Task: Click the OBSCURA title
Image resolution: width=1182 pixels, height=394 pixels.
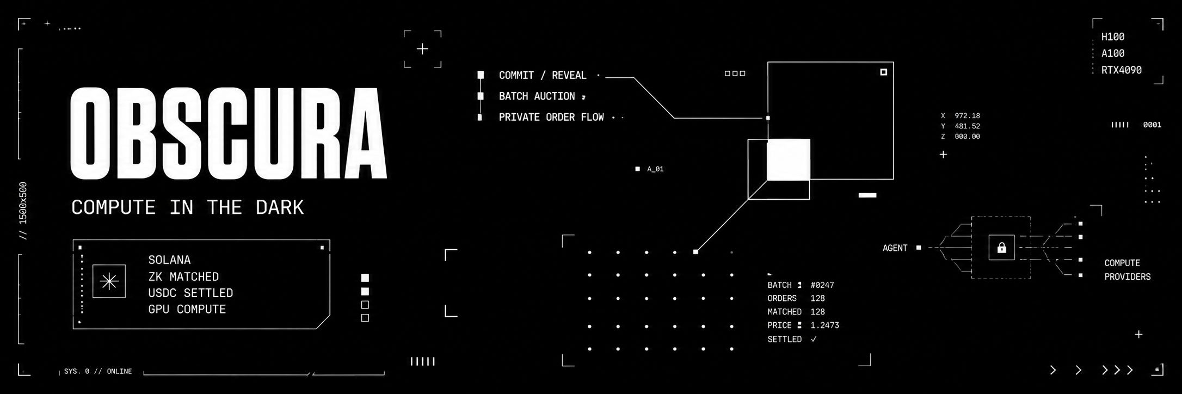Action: [229, 133]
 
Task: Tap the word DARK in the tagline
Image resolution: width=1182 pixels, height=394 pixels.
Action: [280, 207]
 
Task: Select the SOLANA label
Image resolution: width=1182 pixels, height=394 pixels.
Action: [169, 260]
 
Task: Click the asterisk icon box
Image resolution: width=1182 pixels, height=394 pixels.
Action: [109, 281]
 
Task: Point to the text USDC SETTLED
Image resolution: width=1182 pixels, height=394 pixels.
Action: [190, 293]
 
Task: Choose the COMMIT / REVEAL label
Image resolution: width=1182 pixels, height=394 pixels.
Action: [543, 75]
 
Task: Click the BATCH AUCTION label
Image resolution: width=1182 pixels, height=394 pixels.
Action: [537, 96]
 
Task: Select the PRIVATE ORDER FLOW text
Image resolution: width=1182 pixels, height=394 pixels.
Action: [551, 117]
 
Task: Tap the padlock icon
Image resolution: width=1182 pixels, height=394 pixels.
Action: [1001, 248]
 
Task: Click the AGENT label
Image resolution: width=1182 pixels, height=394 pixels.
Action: [895, 248]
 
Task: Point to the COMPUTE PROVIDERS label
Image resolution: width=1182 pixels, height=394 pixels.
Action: [1128, 270]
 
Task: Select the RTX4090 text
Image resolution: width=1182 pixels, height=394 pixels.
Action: [1122, 70]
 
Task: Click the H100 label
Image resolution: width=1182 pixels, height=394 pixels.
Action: [1113, 37]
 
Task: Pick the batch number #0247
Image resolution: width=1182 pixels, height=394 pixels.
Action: [822, 285]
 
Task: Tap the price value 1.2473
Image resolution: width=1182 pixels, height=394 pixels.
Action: [825, 325]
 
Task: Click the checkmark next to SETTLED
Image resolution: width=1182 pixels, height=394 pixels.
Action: [814, 339]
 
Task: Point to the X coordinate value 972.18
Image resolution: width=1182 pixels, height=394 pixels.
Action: [967, 116]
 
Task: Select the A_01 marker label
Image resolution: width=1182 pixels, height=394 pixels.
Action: [655, 169]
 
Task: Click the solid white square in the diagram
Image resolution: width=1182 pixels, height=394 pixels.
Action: [789, 159]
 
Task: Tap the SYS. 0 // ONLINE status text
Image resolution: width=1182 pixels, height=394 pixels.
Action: [98, 371]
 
